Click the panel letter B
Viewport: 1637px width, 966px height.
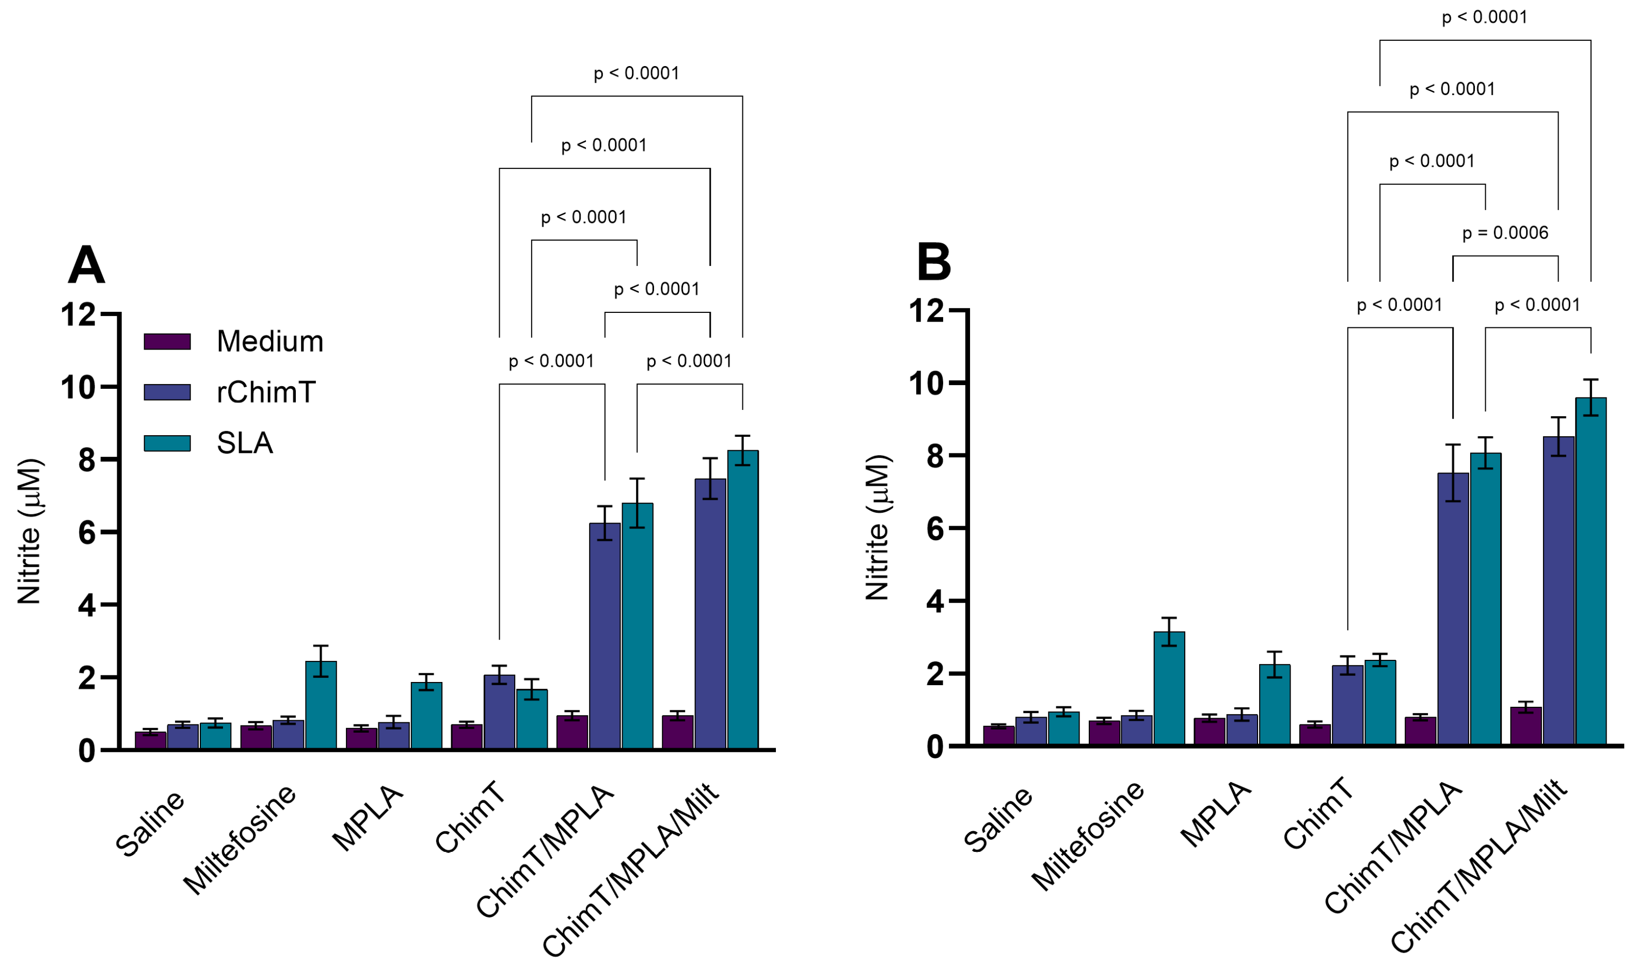pyautogui.click(x=933, y=263)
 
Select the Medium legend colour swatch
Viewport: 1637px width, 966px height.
pyautogui.click(x=167, y=342)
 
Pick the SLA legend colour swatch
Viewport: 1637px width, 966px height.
pyautogui.click(x=167, y=444)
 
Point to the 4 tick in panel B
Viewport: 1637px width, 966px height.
pyautogui.click(x=935, y=601)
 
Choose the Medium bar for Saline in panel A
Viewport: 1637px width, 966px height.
pyautogui.click(x=150, y=740)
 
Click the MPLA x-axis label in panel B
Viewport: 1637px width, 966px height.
pyautogui.click(x=1215, y=816)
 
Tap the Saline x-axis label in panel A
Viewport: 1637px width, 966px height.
pyautogui.click(x=150, y=824)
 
